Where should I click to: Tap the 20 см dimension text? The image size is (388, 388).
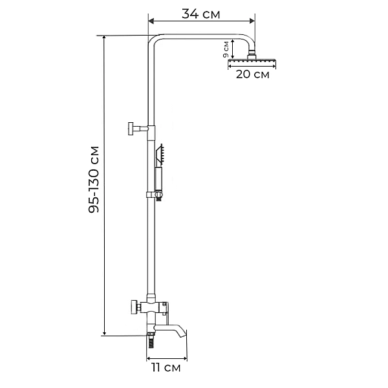tap(252, 74)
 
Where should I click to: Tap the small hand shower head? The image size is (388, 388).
tap(163, 154)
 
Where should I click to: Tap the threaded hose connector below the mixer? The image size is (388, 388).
tap(151, 338)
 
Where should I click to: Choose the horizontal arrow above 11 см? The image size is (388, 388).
tap(167, 357)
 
